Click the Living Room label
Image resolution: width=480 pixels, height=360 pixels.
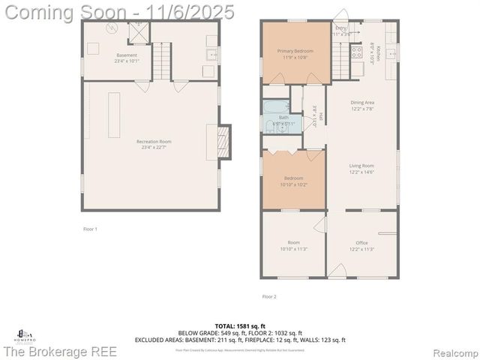(x=361, y=169)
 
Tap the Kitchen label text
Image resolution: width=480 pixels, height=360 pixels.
(x=379, y=54)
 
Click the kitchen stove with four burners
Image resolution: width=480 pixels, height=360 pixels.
(x=356, y=52)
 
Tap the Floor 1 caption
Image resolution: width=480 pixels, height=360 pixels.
(x=90, y=228)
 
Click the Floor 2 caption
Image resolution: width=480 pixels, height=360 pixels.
(x=269, y=297)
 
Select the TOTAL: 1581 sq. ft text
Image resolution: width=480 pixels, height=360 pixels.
(x=239, y=325)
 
